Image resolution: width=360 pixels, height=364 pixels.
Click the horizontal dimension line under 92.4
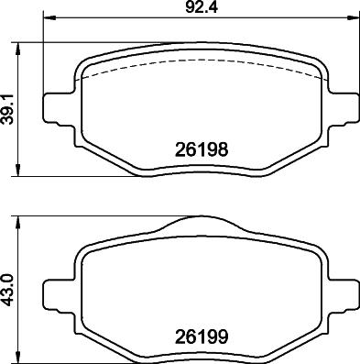coord(119,19)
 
